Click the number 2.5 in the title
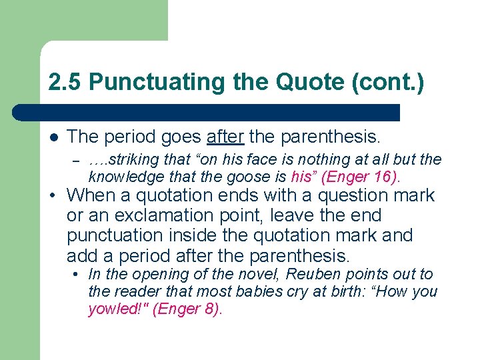click(65, 82)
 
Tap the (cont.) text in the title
click(388, 82)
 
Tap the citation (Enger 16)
click(361, 177)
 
